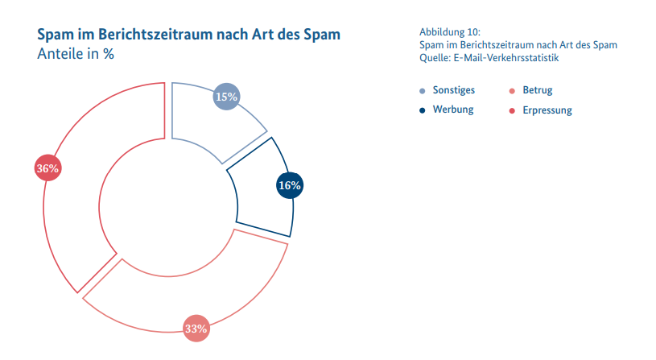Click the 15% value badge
tap(226, 97)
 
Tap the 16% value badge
tap(290, 185)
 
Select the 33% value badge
tap(196, 329)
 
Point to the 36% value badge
tap(47, 168)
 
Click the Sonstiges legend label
tap(453, 90)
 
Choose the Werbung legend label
tap(453, 110)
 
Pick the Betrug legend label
tap(538, 90)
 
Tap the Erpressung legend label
tap(547, 110)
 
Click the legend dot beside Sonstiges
tap(423, 91)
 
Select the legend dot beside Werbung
tap(423, 110)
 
